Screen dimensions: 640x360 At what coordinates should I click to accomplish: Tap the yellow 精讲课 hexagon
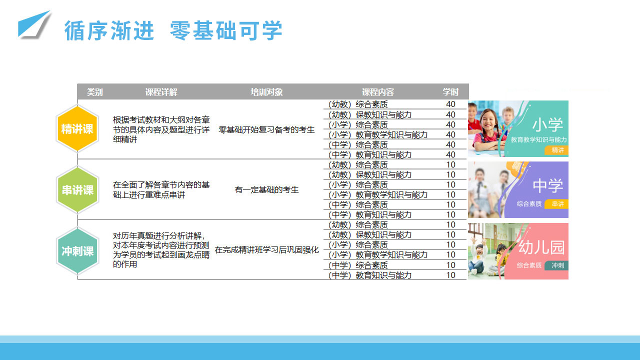tap(77, 128)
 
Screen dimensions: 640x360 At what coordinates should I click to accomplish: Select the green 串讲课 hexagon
tap(77, 189)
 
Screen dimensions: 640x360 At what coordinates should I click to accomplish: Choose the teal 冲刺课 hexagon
tap(77, 251)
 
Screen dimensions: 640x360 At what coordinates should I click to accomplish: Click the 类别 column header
tap(94, 92)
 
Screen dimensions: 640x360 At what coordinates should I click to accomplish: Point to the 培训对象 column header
tap(266, 92)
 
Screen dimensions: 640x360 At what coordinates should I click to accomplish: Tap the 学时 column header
tap(450, 92)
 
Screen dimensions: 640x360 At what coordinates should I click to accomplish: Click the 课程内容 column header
tap(377, 92)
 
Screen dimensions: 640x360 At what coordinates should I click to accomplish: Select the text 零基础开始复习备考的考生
tap(266, 129)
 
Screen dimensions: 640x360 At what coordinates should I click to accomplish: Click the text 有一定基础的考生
tap(266, 189)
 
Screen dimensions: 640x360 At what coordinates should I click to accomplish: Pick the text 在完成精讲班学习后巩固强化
tap(266, 249)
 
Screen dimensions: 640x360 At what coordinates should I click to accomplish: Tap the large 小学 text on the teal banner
tap(547, 125)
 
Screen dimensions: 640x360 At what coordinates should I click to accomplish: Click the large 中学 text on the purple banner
tap(547, 185)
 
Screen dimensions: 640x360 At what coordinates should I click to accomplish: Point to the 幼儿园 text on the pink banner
tap(541, 247)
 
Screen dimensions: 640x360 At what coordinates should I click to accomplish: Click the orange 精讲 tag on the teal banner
tap(556, 150)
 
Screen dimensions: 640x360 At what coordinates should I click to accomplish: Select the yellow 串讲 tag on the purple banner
tap(556, 203)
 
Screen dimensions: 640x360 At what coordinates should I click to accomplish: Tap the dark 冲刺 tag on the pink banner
tap(556, 265)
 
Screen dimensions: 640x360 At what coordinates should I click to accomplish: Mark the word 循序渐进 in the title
tap(109, 30)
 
